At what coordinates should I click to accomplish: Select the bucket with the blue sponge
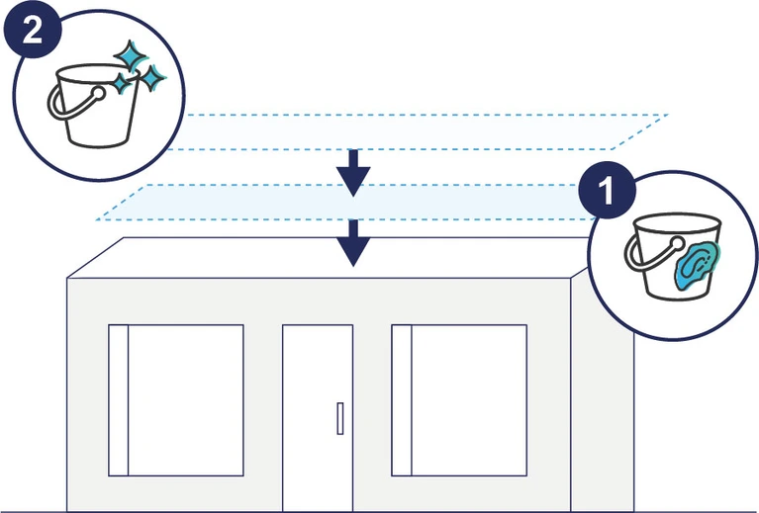pyautogui.click(x=669, y=262)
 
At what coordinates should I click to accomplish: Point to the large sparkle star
pyautogui.click(x=127, y=56)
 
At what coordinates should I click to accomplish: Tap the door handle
pyautogui.click(x=339, y=418)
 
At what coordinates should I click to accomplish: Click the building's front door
pyautogui.click(x=317, y=415)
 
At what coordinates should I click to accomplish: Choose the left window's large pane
pyautogui.click(x=186, y=399)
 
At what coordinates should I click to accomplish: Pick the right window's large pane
pyautogui.click(x=468, y=399)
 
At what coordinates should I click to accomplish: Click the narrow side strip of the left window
pyautogui.click(x=118, y=399)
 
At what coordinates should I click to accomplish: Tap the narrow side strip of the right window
pyautogui.click(x=401, y=399)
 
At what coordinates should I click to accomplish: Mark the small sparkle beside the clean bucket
pyautogui.click(x=152, y=77)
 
